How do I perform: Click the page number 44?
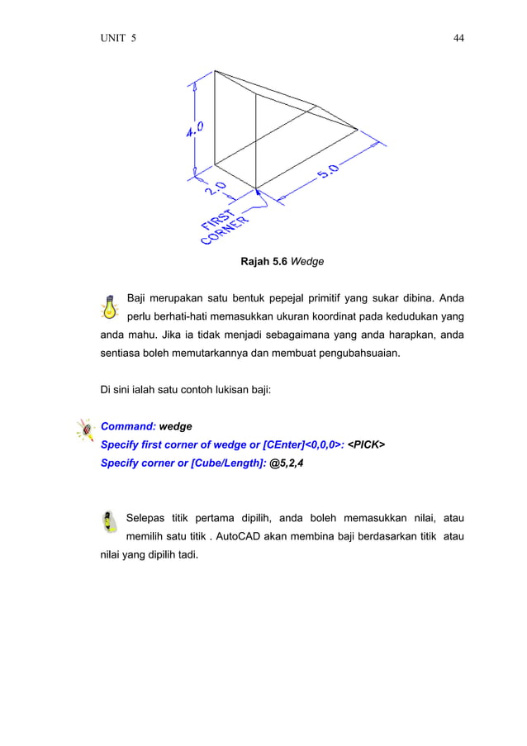[x=458, y=38]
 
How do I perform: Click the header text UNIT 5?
[x=118, y=38]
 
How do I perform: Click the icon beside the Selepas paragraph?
[x=109, y=522]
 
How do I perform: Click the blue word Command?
[x=127, y=426]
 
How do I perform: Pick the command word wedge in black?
[x=175, y=426]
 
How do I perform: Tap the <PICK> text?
[x=365, y=444]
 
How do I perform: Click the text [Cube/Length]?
[x=228, y=463]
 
